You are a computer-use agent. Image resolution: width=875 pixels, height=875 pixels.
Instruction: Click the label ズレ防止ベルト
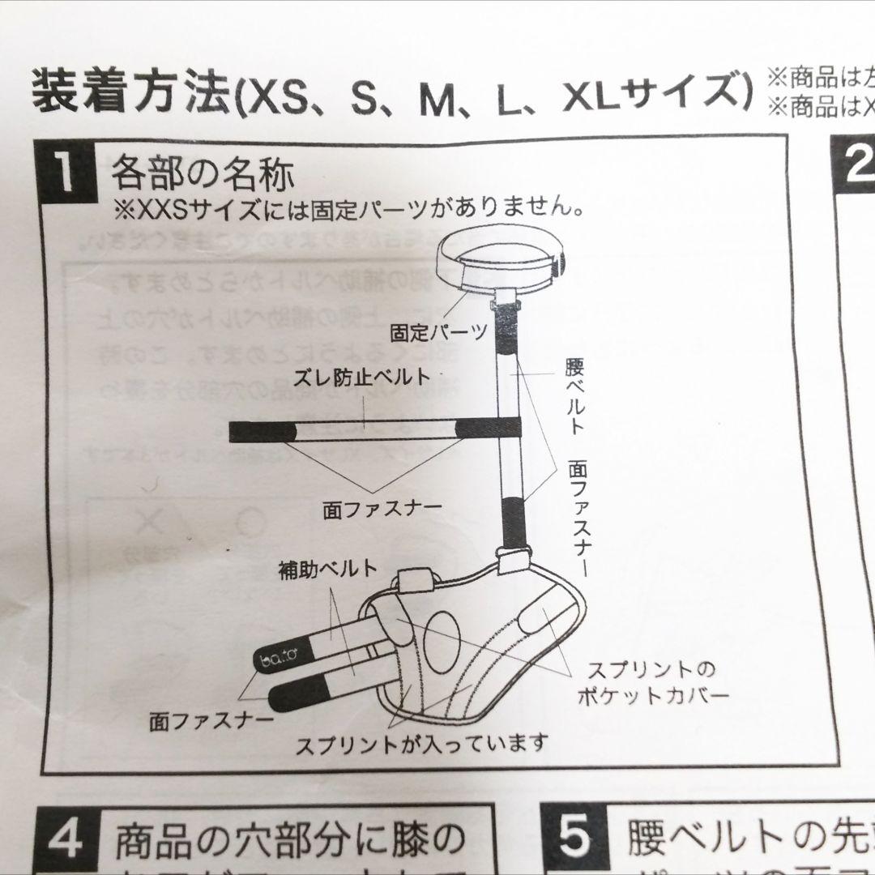361,377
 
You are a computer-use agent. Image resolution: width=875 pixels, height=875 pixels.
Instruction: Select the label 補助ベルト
325,568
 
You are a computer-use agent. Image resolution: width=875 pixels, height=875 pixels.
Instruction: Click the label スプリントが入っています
421,741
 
